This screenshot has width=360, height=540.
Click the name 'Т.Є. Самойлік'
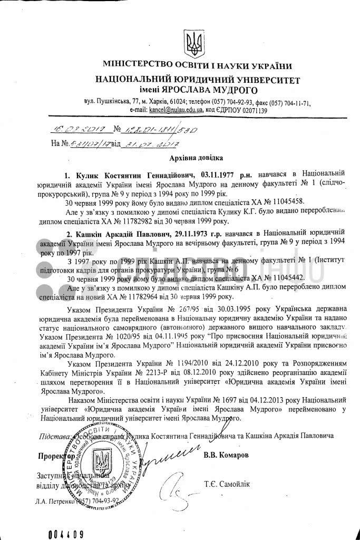(227, 484)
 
